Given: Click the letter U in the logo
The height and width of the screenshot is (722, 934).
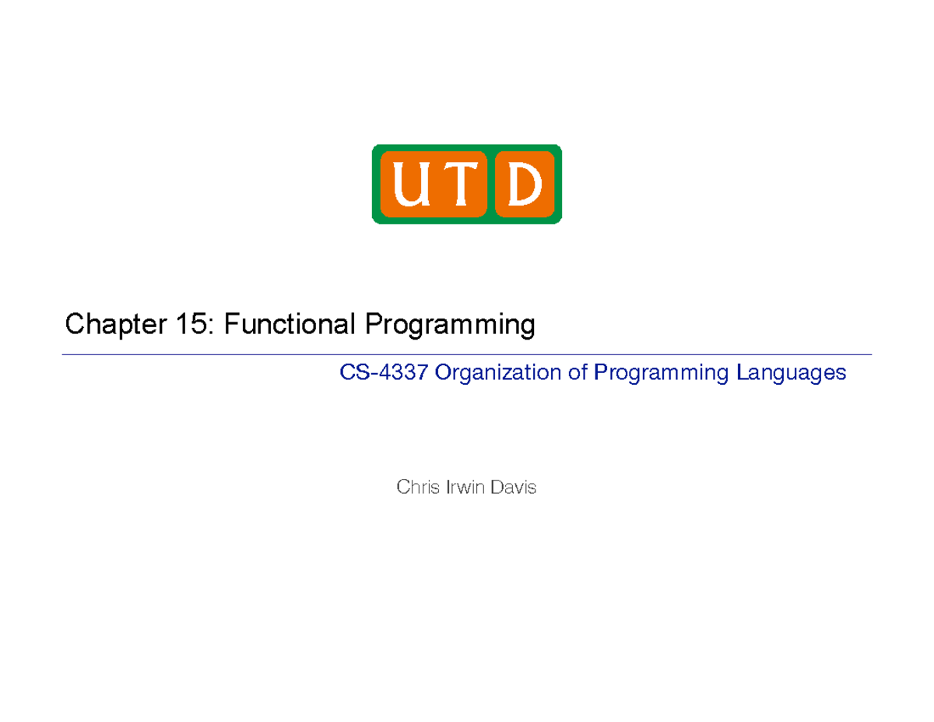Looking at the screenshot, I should tap(411, 185).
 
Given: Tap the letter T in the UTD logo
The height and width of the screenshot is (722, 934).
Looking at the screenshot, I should tap(459, 185).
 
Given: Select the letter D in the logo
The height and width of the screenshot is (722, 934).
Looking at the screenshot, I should tap(525, 185).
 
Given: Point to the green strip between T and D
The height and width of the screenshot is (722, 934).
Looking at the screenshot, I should tap(490, 185).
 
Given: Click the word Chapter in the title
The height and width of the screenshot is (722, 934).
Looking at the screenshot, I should tap(112, 324).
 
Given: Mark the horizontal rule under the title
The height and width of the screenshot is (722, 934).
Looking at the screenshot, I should tap(467, 354).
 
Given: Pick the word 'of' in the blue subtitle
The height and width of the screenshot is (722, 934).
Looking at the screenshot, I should tap(577, 373).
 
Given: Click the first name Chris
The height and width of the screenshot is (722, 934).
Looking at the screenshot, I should tap(416, 488).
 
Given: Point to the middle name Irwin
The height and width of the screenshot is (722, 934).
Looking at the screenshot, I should tap(462, 488).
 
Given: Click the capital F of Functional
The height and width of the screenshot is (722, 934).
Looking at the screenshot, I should tap(231, 324).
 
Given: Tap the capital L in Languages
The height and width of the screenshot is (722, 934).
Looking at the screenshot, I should tap(736, 373).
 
